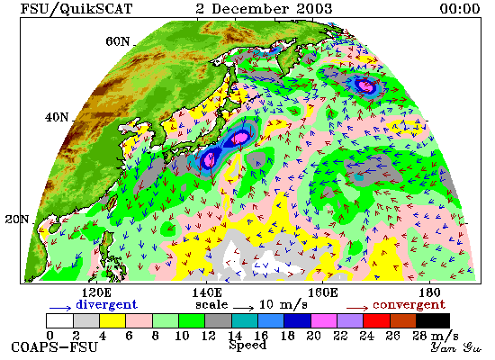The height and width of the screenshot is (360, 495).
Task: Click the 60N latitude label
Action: (x=117, y=41)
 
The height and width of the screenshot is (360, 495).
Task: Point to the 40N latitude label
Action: (x=57, y=118)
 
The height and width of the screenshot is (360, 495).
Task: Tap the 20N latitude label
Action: (x=17, y=220)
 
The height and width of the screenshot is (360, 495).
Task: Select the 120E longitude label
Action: (x=96, y=292)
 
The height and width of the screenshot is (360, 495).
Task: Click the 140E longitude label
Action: (x=207, y=292)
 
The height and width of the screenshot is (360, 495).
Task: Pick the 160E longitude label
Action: (x=322, y=292)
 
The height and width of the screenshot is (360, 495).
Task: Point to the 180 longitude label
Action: (x=430, y=292)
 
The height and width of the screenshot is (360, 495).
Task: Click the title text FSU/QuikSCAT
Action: (x=76, y=8)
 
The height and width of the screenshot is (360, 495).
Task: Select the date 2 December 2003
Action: (x=264, y=8)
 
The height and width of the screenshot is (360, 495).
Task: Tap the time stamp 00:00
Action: (x=460, y=8)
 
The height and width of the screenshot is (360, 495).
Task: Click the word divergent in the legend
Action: (x=107, y=305)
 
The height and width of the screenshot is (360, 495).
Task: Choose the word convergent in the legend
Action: (x=409, y=305)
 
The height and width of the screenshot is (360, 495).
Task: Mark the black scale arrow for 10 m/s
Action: (x=244, y=308)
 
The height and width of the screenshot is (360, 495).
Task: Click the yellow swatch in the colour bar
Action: (x=112, y=320)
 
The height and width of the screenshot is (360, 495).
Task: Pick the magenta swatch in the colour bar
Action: (x=324, y=320)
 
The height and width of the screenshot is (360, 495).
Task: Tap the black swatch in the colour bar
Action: (x=433, y=320)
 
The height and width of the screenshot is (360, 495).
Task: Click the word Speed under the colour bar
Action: (x=247, y=345)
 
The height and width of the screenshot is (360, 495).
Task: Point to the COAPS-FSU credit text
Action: (x=54, y=347)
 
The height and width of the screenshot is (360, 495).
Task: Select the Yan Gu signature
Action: (x=456, y=347)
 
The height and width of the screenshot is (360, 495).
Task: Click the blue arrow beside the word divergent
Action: (x=60, y=308)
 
